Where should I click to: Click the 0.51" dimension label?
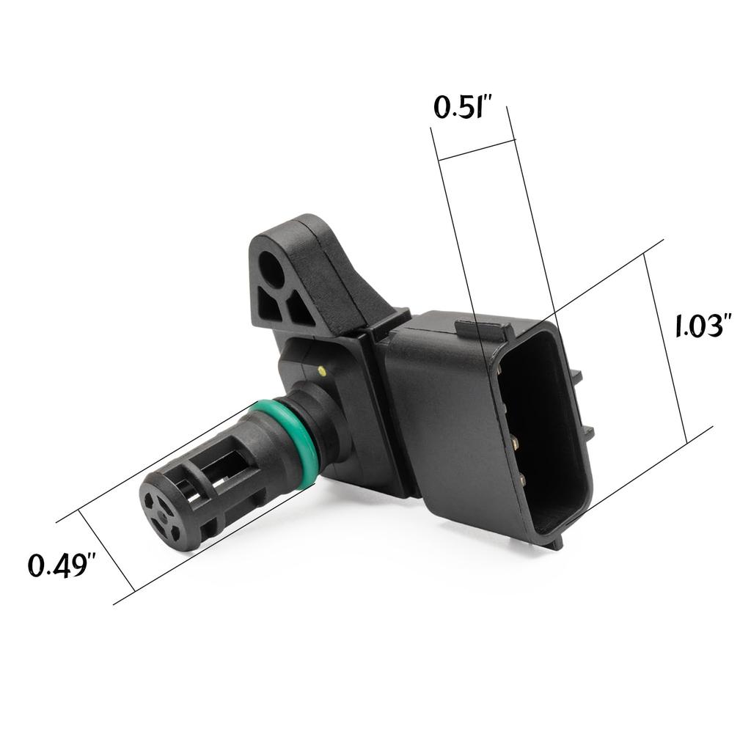coord(461,107)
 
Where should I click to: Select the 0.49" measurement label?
coord(62,565)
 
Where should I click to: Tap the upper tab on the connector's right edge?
coord(576,376)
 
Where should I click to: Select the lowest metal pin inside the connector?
coord(522,480)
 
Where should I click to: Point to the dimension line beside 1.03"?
coord(665,348)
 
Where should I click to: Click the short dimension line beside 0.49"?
coord(106,550)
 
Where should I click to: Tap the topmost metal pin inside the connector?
coord(500,370)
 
